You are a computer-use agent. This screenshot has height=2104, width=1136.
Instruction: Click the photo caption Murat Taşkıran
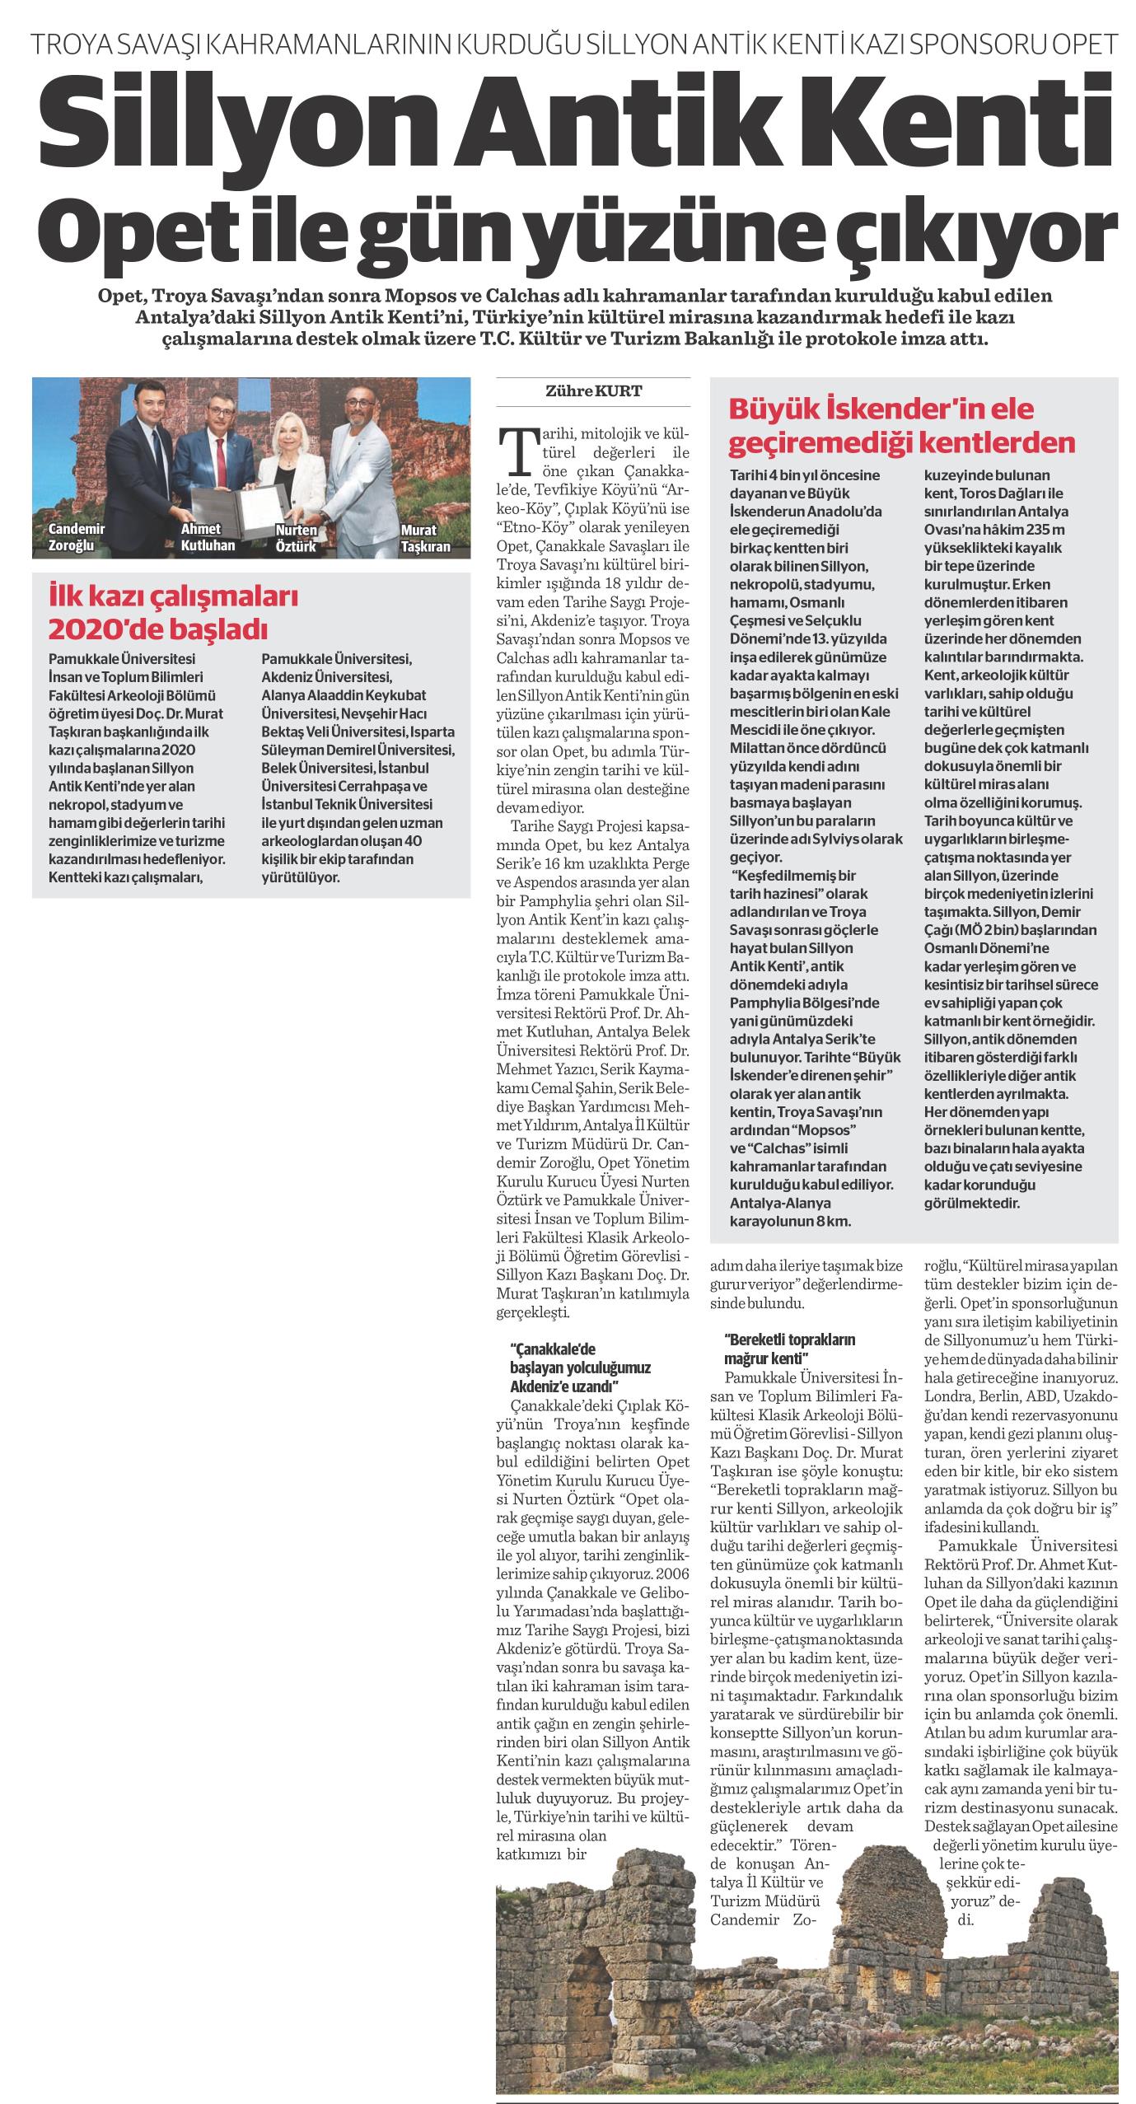click(x=427, y=537)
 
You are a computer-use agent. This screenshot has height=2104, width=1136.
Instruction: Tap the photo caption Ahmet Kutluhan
click(x=208, y=537)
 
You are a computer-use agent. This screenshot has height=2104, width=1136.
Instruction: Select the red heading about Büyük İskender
click(x=902, y=425)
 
